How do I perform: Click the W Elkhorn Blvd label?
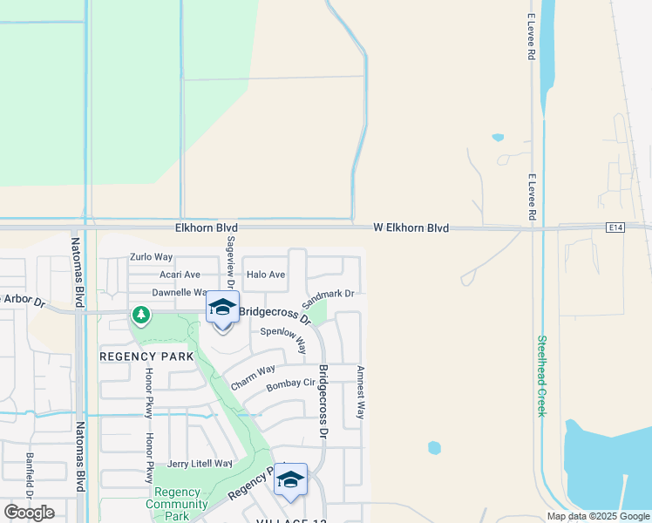(411, 228)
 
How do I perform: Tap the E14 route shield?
(616, 228)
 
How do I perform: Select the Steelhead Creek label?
(541, 376)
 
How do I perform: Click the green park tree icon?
(139, 314)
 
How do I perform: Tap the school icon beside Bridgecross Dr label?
(222, 309)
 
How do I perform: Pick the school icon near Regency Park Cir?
(290, 480)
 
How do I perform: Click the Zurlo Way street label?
(152, 257)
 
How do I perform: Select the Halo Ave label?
(266, 275)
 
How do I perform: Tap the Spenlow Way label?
(284, 337)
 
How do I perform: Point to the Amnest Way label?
(359, 392)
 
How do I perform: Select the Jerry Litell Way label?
(200, 464)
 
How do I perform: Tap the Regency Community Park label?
(177, 504)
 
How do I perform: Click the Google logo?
(29, 512)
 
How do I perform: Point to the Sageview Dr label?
(230, 262)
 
